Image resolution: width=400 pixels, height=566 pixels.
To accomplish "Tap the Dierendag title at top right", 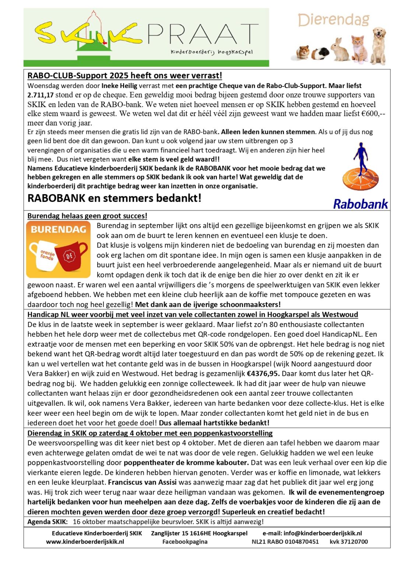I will click(x=334, y=20).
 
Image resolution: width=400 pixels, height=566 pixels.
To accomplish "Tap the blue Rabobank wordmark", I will click(x=360, y=204).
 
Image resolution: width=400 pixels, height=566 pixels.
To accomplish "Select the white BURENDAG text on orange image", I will click(x=59, y=230).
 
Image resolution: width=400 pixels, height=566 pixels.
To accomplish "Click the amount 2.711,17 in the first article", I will click(x=41, y=95).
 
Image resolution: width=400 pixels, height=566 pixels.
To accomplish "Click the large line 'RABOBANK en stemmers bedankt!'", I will click(x=115, y=198).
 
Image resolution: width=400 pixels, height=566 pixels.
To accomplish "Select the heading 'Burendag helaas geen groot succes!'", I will click(x=87, y=216).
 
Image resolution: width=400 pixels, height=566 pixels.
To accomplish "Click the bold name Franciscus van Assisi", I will click(x=142, y=482).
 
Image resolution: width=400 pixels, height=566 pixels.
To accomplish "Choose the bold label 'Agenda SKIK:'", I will click(x=48, y=522).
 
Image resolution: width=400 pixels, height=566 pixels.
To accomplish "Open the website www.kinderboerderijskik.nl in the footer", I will click(x=85, y=542).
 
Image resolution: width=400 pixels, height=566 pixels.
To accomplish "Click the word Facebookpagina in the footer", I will click(x=185, y=542).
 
